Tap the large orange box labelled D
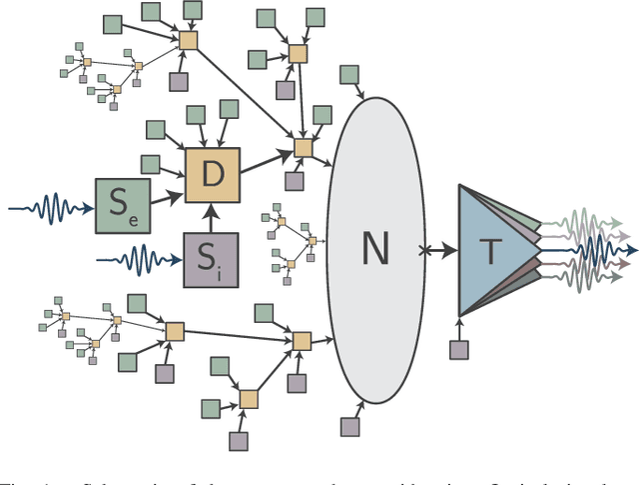[x=213, y=175]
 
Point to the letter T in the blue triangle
[x=490, y=249]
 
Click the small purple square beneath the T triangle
[x=458, y=348]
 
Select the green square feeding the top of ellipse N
[x=349, y=73]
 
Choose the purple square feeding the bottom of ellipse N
[x=349, y=427]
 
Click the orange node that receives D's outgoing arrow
[x=304, y=148]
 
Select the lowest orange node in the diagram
[x=248, y=399]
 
